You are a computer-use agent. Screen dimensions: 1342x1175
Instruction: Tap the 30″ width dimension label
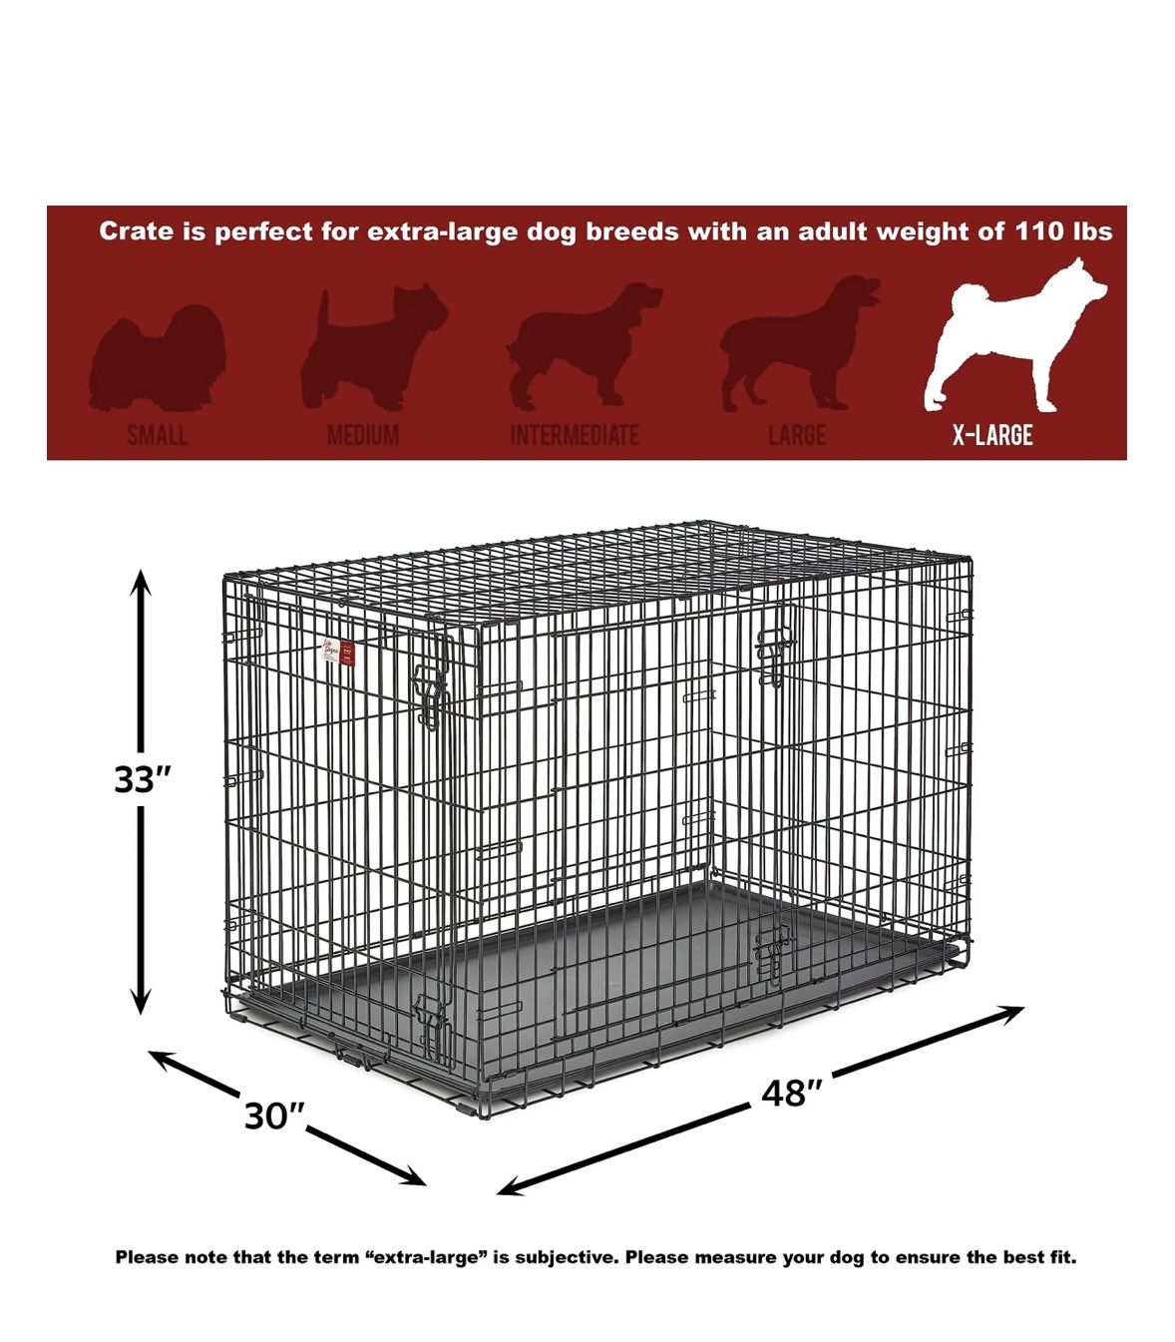click(274, 1116)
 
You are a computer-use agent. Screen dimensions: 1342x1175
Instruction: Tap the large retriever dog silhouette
click(799, 344)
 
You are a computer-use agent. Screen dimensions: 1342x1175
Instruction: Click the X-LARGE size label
click(991, 435)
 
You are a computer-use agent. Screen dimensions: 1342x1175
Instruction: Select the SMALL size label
click(158, 436)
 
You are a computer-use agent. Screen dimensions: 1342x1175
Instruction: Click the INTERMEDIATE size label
click(575, 436)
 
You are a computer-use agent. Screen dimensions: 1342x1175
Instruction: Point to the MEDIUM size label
click(363, 436)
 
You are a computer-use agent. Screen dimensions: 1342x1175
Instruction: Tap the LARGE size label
click(797, 436)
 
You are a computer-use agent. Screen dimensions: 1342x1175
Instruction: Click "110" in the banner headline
click(1040, 231)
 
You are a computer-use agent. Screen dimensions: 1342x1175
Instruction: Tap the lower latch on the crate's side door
click(772, 952)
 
